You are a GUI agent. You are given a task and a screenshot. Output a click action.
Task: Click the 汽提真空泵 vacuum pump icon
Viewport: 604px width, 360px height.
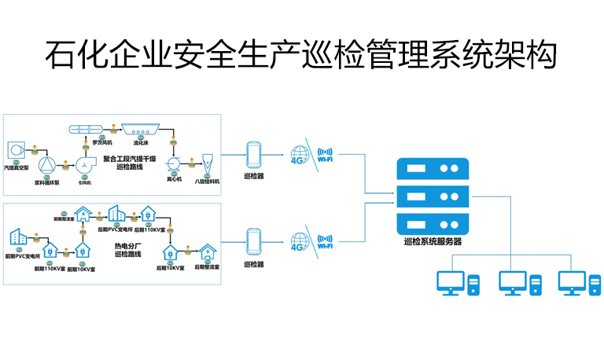(x=15, y=149)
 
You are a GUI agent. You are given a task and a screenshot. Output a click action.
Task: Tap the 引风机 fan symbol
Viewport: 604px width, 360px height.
(x=84, y=165)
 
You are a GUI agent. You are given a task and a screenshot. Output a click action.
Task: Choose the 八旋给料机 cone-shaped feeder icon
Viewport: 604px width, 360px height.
(x=208, y=162)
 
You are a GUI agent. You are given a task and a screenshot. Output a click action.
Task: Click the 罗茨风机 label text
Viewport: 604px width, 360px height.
(x=102, y=143)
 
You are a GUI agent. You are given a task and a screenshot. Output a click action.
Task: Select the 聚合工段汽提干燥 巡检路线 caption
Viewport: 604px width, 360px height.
(x=131, y=162)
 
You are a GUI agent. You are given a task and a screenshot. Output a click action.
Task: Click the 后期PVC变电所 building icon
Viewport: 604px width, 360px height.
(x=116, y=214)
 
